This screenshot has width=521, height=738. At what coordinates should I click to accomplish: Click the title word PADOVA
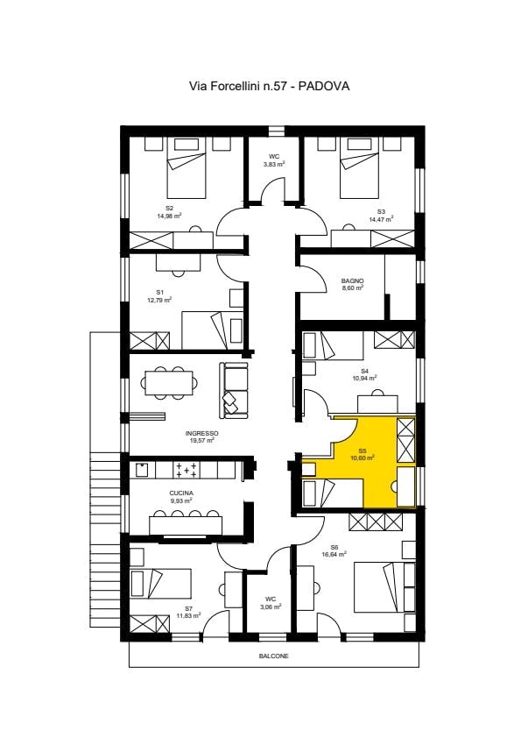click(324, 86)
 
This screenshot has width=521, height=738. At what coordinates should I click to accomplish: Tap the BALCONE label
click(274, 656)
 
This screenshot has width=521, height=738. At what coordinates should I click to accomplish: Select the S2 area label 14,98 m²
click(169, 216)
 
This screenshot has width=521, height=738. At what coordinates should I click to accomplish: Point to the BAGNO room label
click(353, 281)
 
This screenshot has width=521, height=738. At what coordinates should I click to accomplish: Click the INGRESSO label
click(201, 434)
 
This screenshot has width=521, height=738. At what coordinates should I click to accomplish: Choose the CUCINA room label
click(181, 493)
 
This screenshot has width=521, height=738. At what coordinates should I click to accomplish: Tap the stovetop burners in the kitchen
click(187, 470)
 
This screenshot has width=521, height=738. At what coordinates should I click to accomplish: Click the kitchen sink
click(142, 470)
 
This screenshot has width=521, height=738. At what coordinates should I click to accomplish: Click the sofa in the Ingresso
click(233, 389)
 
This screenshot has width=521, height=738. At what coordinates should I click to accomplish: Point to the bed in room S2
click(187, 168)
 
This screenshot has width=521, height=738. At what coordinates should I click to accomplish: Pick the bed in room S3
click(359, 168)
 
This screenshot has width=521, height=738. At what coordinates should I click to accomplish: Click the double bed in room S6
click(384, 587)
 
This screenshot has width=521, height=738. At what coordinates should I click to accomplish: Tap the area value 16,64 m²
click(334, 555)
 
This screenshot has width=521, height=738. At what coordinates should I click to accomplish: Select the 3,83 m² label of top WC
click(274, 164)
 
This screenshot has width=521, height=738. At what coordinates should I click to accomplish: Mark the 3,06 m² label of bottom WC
click(271, 607)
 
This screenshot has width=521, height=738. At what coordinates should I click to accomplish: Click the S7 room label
click(188, 608)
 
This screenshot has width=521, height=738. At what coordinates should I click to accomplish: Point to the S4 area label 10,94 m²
click(365, 378)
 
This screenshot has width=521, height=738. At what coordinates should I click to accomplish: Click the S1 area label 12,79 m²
click(159, 300)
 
